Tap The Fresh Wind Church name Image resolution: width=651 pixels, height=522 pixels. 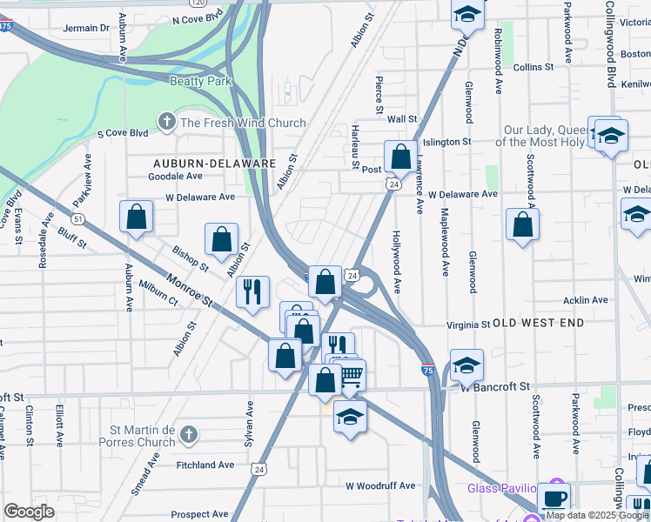click(x=243, y=123)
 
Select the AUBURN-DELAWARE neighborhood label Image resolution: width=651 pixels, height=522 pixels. click(x=214, y=163)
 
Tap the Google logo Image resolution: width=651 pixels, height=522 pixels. click(x=29, y=512)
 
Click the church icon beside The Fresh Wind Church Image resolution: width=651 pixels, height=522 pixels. click(x=165, y=122)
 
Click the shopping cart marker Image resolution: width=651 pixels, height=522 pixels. click(x=351, y=376)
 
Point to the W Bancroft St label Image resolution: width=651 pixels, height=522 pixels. click(x=495, y=385)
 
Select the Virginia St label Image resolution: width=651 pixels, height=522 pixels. click(x=468, y=325)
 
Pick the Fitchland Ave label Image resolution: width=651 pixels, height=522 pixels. click(x=205, y=465)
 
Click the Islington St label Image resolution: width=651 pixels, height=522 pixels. click(x=446, y=141)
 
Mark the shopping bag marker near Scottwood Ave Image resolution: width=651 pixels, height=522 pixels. click(x=521, y=224)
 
